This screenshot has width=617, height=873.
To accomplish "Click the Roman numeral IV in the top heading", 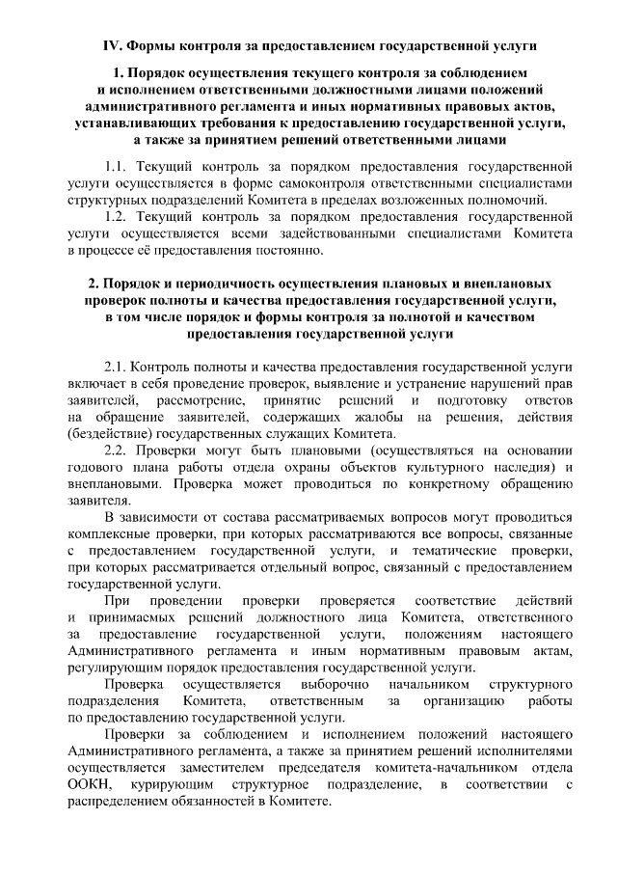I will coord(111,45).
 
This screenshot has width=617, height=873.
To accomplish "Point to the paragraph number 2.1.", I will coord(116,367).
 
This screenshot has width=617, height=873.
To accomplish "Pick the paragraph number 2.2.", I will coord(116,450).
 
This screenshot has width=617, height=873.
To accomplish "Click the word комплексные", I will coord(116,533).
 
